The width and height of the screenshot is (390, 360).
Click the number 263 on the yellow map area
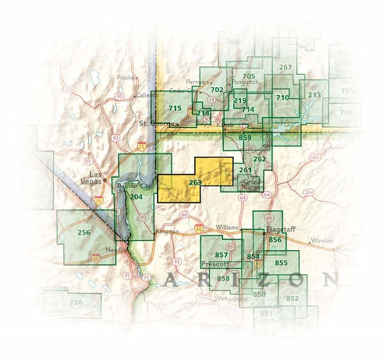pos(195,182)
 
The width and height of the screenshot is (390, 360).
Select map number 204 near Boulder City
pos(136,196)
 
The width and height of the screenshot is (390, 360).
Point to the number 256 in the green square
pos(84,232)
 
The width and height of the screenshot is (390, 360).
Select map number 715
pos(175,108)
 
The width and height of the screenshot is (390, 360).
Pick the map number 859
pos(244,138)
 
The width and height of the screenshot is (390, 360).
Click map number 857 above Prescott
pos(221,255)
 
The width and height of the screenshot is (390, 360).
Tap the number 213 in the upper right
pos(314,95)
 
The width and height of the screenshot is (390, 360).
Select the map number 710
pos(282,97)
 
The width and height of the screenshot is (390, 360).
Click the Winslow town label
pos(324,241)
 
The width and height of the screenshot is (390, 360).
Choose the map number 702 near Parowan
pos(217,90)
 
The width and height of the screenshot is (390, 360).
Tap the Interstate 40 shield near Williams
pos(199,228)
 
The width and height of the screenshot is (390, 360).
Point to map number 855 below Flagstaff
pos(281,263)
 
